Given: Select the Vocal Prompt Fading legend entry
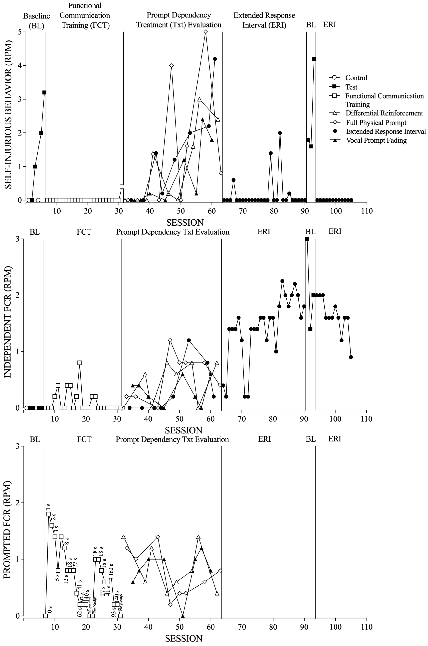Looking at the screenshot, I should point(376,141).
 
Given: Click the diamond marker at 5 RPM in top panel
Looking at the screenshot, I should point(206,32).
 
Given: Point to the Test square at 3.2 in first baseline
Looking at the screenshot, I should point(44,92).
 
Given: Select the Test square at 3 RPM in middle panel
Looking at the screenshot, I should point(307,239).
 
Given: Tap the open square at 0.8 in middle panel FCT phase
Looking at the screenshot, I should point(80,363).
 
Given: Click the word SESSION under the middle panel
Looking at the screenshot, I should point(183,430).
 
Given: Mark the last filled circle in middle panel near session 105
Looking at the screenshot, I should point(351,357).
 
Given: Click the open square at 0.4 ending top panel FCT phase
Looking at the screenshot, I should point(122,187).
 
